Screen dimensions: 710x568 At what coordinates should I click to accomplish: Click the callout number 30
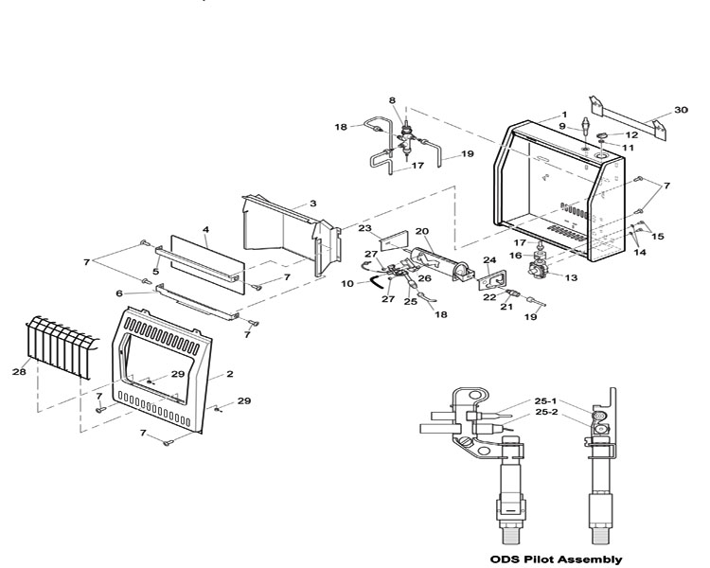point(681,110)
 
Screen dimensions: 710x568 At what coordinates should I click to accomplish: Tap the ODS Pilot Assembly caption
point(556,559)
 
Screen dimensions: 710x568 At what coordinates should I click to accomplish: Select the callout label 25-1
point(545,400)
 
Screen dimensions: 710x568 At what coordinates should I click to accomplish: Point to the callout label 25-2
point(546,412)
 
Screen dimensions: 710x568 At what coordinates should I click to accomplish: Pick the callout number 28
point(19,372)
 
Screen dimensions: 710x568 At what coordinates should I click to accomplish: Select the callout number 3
point(313,204)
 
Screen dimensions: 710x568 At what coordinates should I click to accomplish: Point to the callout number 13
point(571,277)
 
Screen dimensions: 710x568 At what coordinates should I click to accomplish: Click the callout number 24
point(489,260)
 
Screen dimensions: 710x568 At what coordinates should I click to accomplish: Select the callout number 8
point(392,100)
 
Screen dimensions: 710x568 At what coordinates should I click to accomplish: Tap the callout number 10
point(347,284)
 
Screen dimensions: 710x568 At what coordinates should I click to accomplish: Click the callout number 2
point(230,374)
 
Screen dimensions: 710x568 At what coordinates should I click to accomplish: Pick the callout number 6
point(119,293)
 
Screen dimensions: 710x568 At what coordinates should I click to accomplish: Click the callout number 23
point(365,228)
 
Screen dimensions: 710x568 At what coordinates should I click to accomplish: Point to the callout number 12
point(631,135)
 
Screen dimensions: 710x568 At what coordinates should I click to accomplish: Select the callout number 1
point(564,115)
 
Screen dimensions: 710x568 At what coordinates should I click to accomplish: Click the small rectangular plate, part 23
point(394,240)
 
